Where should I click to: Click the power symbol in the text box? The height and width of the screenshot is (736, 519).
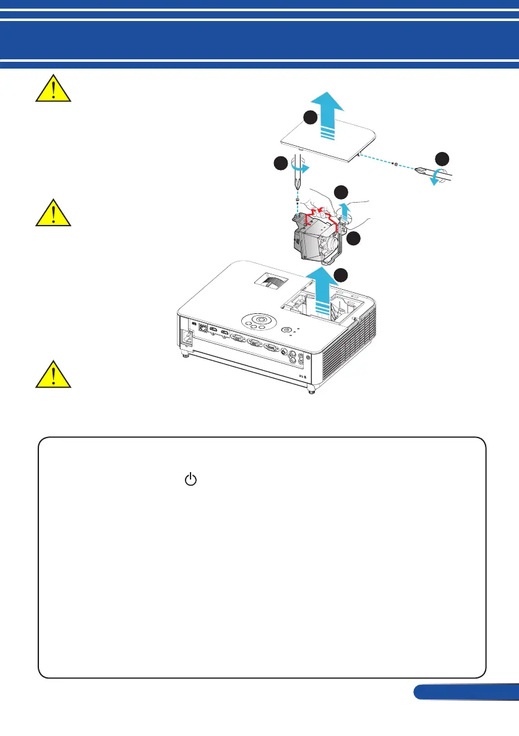[191, 478]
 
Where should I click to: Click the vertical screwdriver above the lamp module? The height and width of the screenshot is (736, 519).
[299, 176]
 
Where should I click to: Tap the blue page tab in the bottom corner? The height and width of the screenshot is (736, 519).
[466, 692]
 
